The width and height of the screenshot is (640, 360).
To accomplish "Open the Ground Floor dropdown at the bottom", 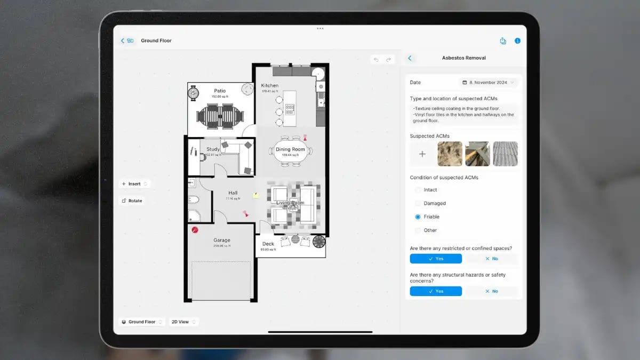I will (x=141, y=322).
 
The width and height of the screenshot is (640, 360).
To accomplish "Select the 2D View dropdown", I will (x=183, y=322).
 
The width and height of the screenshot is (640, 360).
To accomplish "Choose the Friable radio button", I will (x=418, y=217).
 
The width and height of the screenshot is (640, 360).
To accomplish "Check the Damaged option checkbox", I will (x=418, y=204).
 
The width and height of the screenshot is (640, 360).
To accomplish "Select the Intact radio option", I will (x=418, y=190).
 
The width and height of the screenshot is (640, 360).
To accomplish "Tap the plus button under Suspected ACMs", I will (x=422, y=154).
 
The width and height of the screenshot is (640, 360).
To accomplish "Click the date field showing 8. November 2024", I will (x=489, y=83).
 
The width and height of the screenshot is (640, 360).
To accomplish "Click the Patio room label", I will (x=220, y=91).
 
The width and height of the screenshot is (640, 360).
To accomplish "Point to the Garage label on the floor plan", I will (x=221, y=241).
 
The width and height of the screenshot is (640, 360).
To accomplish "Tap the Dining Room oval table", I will (x=290, y=151).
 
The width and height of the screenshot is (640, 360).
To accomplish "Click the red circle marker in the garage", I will (x=195, y=230).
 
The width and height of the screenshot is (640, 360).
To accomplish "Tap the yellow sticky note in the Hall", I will (x=256, y=196).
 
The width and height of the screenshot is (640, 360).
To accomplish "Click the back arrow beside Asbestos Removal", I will (x=410, y=58).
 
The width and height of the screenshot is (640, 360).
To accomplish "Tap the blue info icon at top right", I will (x=517, y=41).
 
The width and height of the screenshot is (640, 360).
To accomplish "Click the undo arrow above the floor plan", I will (x=376, y=60).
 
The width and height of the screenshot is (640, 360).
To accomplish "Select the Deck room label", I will (x=268, y=244).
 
